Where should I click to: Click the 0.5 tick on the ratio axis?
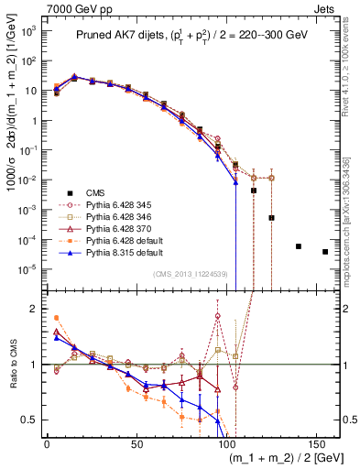31,420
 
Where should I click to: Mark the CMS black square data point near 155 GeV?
325,252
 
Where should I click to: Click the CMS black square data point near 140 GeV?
299,246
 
